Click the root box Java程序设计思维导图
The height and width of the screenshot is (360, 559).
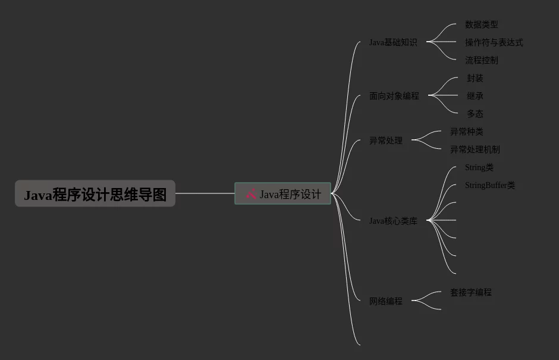click(x=95, y=194)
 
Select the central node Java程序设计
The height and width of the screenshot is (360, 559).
click(x=283, y=194)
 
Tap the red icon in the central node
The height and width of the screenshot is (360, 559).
click(x=251, y=193)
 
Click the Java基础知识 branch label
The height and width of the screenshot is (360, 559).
click(x=393, y=42)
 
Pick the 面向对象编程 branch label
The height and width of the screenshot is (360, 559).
click(x=394, y=96)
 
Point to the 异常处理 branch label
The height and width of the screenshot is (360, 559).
click(x=386, y=140)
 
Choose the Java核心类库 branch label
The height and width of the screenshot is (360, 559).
click(x=393, y=221)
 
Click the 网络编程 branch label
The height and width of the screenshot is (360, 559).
click(x=386, y=301)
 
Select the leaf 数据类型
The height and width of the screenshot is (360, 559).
click(x=482, y=24)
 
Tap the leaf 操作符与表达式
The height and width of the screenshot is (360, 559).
click(x=494, y=42)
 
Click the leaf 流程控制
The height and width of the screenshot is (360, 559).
click(x=482, y=60)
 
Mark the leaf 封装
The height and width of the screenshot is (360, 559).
click(x=475, y=78)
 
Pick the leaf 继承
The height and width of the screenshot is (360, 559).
click(x=475, y=96)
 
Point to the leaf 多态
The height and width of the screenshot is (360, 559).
click(x=475, y=114)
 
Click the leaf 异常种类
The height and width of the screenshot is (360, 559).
click(x=467, y=132)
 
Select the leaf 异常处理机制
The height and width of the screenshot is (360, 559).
click(x=475, y=149)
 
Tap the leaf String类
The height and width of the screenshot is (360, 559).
click(x=479, y=167)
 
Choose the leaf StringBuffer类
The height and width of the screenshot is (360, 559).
click(x=490, y=185)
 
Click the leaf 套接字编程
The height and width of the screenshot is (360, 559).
click(x=471, y=292)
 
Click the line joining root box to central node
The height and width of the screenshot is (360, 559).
click(x=205, y=193)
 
